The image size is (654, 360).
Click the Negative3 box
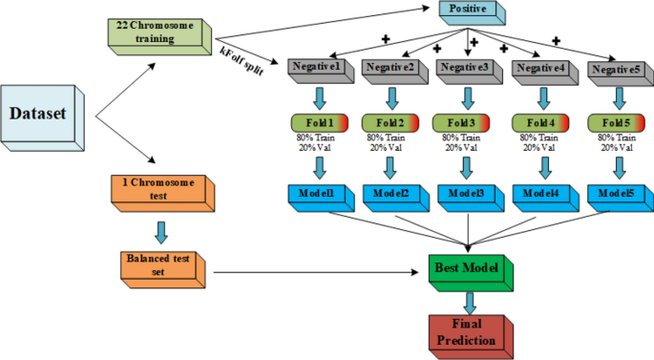466,69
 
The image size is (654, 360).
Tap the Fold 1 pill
320,123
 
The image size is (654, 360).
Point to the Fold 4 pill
542,123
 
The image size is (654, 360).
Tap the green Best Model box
466,271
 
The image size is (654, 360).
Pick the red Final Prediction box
466,333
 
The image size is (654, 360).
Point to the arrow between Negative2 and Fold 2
390,95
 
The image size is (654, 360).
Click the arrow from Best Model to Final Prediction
467,302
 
